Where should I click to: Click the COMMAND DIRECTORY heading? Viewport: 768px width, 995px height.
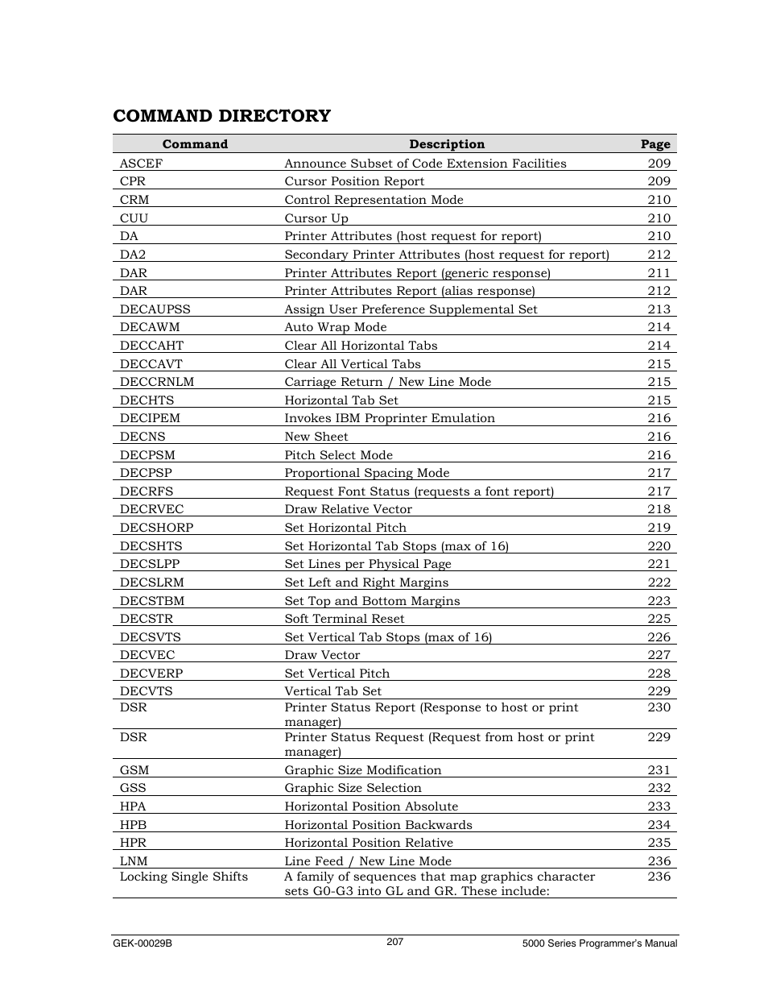(221, 116)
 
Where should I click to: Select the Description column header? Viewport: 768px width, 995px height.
(447, 144)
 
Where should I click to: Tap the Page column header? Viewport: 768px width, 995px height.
(655, 144)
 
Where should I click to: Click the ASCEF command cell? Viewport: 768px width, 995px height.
(141, 164)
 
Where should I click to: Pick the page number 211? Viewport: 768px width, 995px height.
(659, 273)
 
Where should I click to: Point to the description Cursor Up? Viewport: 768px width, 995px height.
(316, 218)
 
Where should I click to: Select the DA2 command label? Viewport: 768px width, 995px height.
(133, 255)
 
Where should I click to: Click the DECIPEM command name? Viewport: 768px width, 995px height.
(150, 418)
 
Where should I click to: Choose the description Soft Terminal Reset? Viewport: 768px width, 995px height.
(345, 619)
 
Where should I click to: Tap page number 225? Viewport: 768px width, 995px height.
(659, 619)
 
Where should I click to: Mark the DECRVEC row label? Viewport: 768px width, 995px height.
(151, 509)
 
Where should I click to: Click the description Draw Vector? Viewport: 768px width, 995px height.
(322, 655)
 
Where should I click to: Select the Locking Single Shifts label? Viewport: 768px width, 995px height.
(184, 877)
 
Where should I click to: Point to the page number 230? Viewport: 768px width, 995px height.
(659, 707)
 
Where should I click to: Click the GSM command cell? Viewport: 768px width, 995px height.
(134, 770)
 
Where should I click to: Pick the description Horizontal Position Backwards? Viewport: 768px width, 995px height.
(378, 825)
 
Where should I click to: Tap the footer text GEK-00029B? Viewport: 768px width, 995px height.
(142, 943)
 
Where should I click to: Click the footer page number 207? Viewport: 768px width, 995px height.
(394, 942)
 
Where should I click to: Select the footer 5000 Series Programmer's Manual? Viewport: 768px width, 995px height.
(600, 943)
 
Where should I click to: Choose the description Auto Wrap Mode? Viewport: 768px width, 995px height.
(336, 327)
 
